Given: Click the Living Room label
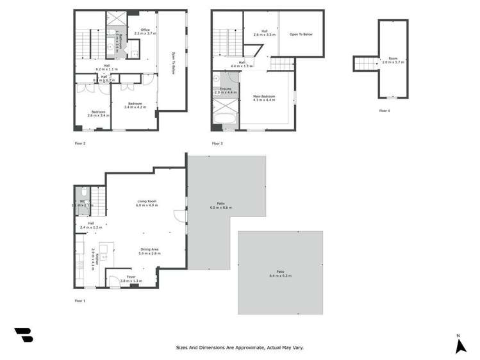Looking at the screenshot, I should click(147, 203).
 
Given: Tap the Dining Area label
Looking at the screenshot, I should click(149, 252).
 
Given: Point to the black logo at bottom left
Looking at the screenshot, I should click(24, 335).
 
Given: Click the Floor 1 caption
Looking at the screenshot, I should click(80, 300).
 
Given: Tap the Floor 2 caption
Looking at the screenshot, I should click(80, 143).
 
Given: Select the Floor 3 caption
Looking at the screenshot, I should click(218, 143).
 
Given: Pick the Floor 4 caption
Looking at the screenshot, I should click(384, 111).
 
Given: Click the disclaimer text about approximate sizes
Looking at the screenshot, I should click(240, 348).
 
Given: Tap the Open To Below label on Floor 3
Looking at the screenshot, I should click(300, 33).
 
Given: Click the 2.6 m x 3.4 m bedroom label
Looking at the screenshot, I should click(99, 114).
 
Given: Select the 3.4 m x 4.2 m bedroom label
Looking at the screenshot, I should click(135, 105).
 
